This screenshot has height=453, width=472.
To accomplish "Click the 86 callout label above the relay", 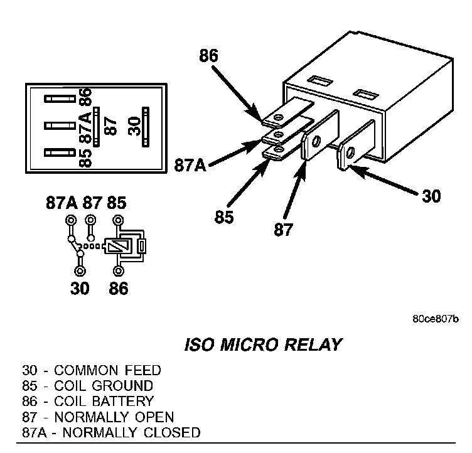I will (x=208, y=55).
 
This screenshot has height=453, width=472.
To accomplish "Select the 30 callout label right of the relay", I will (x=431, y=196).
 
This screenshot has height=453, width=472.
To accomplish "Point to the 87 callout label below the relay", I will (x=283, y=230).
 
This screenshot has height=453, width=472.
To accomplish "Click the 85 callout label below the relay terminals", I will (x=223, y=217).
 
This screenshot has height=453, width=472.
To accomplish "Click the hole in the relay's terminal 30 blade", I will (x=350, y=151).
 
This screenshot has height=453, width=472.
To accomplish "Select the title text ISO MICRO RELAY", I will (x=264, y=344).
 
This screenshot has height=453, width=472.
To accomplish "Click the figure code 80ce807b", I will (x=435, y=318).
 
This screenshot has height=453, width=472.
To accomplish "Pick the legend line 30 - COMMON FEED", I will (x=92, y=371).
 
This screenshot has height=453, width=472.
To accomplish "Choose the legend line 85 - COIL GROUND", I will (x=87, y=385).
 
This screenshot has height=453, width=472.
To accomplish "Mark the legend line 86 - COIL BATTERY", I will (x=88, y=400).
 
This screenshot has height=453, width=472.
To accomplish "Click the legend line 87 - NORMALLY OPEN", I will (x=98, y=416).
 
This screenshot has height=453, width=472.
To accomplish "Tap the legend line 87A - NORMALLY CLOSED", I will (x=111, y=432).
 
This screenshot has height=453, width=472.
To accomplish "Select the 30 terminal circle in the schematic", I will (x=80, y=270).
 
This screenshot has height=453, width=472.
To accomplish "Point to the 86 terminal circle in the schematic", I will (x=117, y=270).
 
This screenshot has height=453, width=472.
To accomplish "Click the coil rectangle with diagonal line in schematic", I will (x=115, y=246).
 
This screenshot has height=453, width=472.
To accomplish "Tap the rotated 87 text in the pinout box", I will (x=111, y=125).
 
